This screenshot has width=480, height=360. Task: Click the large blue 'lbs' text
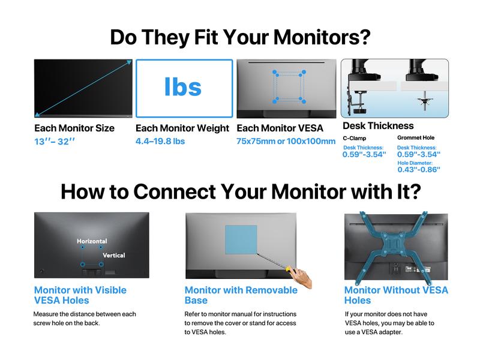pyautogui.click(x=183, y=86)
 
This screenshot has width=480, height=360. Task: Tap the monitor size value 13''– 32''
pyautogui.click(x=55, y=142)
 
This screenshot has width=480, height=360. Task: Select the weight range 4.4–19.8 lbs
pyautogui.click(x=160, y=141)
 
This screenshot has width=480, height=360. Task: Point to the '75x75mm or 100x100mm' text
pyautogui.click(x=286, y=141)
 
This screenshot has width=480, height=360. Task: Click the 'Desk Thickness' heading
pyautogui.click(x=378, y=126)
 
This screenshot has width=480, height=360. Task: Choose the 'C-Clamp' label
pyautogui.click(x=354, y=138)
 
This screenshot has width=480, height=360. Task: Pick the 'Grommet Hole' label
pyautogui.click(x=416, y=138)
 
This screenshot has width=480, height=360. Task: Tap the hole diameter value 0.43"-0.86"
pyautogui.click(x=419, y=169)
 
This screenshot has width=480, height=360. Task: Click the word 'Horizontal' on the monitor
pyautogui.click(x=92, y=241)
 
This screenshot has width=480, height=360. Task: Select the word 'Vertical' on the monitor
pyautogui.click(x=114, y=256)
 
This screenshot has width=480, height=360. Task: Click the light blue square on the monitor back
pyautogui.click(x=241, y=239)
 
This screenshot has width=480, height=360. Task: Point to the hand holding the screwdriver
pyautogui.click(x=301, y=277)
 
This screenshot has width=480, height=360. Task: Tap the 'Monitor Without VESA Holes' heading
pyautogui.click(x=396, y=295)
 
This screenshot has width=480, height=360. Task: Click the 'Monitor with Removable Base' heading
pyautogui.click(x=241, y=295)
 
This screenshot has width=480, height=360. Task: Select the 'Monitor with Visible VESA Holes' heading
pyautogui.click(x=80, y=295)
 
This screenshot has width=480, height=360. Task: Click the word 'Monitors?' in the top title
pyautogui.click(x=322, y=37)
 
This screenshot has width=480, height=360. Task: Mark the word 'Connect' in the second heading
pyautogui.click(x=175, y=192)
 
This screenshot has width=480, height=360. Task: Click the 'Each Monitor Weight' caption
pyautogui.click(x=182, y=128)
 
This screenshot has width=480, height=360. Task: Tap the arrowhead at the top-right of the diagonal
pyautogui.click(x=130, y=62)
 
